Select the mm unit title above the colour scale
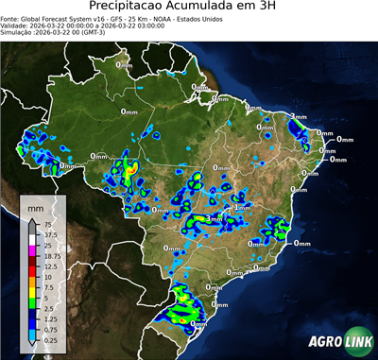pos(35,206)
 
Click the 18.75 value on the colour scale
pos(49,256)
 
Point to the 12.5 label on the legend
pos(47,267)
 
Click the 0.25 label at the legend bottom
pos(47,340)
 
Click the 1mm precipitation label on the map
pos(243,207)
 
